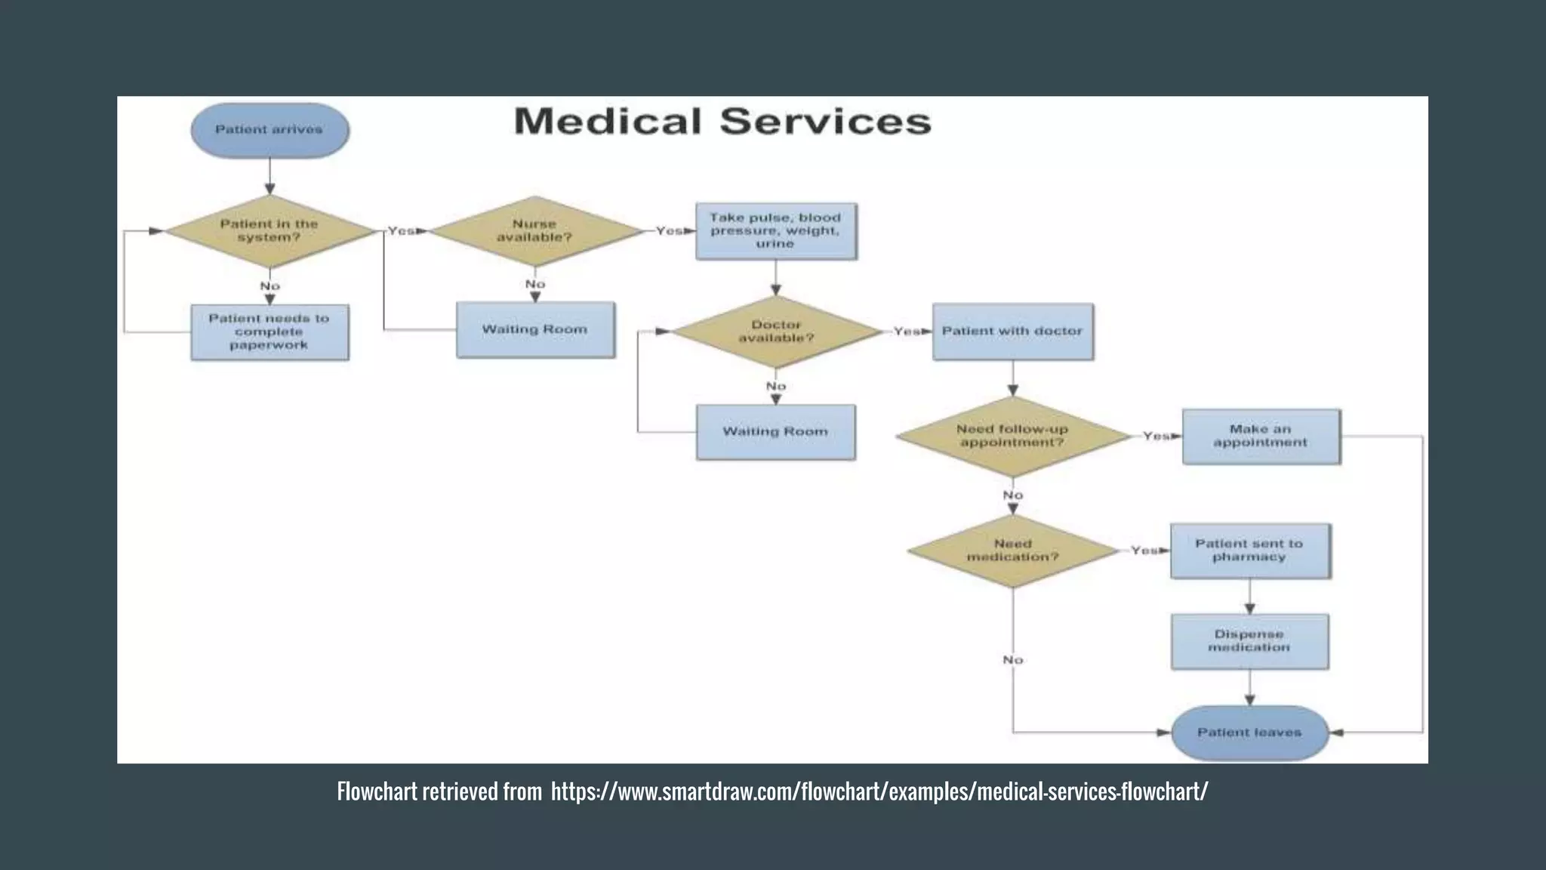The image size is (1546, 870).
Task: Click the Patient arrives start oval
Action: click(x=269, y=130)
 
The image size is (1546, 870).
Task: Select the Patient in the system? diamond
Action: click(x=269, y=231)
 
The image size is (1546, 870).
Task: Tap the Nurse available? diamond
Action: click(x=534, y=231)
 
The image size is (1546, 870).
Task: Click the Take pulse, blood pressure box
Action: click(x=775, y=231)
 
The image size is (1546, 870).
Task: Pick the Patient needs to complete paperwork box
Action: click(x=269, y=332)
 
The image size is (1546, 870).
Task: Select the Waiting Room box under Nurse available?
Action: click(x=534, y=330)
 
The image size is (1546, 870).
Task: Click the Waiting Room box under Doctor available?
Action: click(x=775, y=432)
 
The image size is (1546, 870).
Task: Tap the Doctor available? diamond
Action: click(x=776, y=332)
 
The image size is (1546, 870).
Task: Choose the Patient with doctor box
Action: click(x=1012, y=332)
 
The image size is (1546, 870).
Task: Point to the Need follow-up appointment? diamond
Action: click(x=1012, y=436)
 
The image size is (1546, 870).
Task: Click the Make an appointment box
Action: click(x=1261, y=437)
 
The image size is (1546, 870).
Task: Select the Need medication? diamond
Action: click(x=1012, y=551)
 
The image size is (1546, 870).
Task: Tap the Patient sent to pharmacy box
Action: click(x=1249, y=551)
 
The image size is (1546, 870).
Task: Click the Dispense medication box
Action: click(x=1249, y=641)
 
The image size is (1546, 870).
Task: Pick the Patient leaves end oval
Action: click(x=1249, y=733)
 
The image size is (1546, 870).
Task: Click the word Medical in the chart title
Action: click(x=608, y=122)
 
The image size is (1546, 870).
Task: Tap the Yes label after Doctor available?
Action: click(x=906, y=332)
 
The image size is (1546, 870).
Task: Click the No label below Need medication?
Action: click(x=1012, y=660)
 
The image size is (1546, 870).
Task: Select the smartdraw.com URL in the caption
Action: click(x=879, y=791)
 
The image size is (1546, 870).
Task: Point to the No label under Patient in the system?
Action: click(x=269, y=286)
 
